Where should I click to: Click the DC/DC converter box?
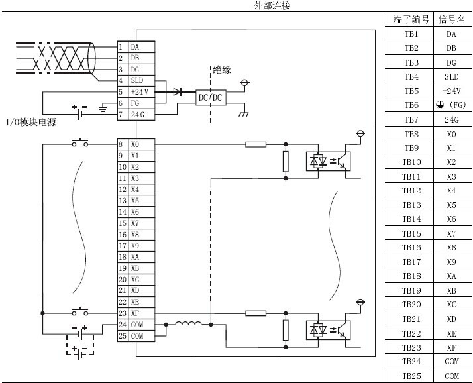[x=211, y=97]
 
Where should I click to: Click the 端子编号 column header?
[x=411, y=20]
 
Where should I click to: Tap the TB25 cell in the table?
[x=411, y=376]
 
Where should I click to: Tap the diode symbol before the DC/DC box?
[x=177, y=92]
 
